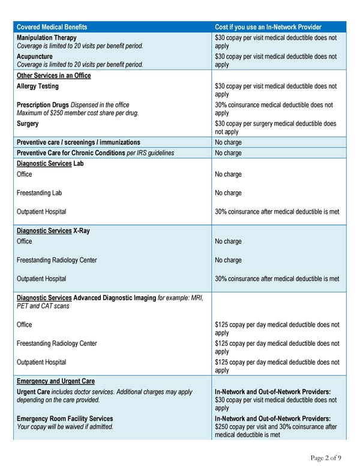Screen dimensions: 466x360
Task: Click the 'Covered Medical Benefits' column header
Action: pyautogui.click(x=52, y=27)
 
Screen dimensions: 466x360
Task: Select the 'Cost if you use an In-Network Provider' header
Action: pyautogui.click(x=268, y=27)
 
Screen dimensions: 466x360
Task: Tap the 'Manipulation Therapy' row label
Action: pyautogui.click(x=47, y=37)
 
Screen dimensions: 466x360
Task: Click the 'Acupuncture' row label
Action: pyautogui.click(x=35, y=56)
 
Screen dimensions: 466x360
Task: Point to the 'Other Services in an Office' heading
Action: pyautogui.click(x=53, y=75)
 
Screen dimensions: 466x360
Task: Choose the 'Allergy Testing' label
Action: pyautogui.click(x=38, y=86)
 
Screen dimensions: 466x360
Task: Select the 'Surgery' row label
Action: pyautogui.click(x=28, y=124)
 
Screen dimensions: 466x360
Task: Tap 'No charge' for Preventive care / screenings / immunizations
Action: pyautogui.click(x=228, y=143)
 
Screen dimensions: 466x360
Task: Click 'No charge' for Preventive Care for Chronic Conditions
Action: pyautogui.click(x=228, y=153)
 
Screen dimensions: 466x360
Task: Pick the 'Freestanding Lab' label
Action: pyautogui.click(x=40, y=193)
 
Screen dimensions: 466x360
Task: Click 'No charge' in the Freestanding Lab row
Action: pyautogui.click(x=228, y=193)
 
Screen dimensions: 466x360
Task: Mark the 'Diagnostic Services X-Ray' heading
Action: pyautogui.click(x=53, y=231)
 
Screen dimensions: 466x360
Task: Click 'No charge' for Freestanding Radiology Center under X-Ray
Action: pyautogui.click(x=228, y=260)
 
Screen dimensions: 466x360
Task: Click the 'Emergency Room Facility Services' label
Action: pyautogui.click(x=65, y=419)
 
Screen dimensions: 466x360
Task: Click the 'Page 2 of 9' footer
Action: pyautogui.click(x=325, y=458)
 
